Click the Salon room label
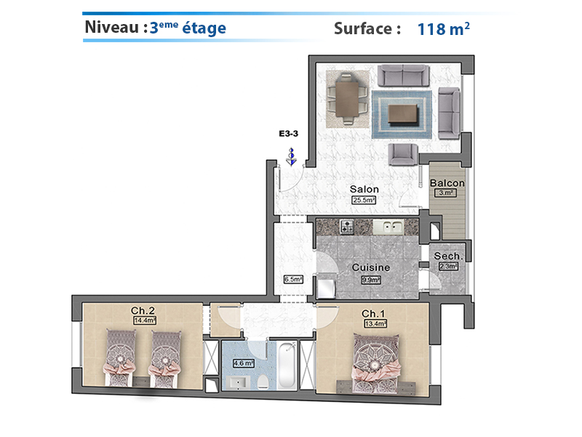[364, 189]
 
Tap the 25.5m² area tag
[364, 200]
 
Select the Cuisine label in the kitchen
[371, 267]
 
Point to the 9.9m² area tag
[371, 280]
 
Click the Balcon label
[447, 183]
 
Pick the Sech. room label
[448, 256]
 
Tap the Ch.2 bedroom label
[143, 310]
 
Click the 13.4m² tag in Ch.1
[375, 323]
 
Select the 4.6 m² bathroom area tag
[244, 363]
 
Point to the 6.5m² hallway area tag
[293, 279]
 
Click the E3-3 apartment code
[288, 133]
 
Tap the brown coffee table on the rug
[403, 114]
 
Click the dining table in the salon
[348, 99]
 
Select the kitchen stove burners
[347, 227]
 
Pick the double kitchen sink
[388, 227]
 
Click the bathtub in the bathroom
[287, 366]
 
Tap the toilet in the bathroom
[263, 382]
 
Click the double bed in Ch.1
[376, 363]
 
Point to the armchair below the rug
[403, 154]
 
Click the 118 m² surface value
[444, 28]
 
